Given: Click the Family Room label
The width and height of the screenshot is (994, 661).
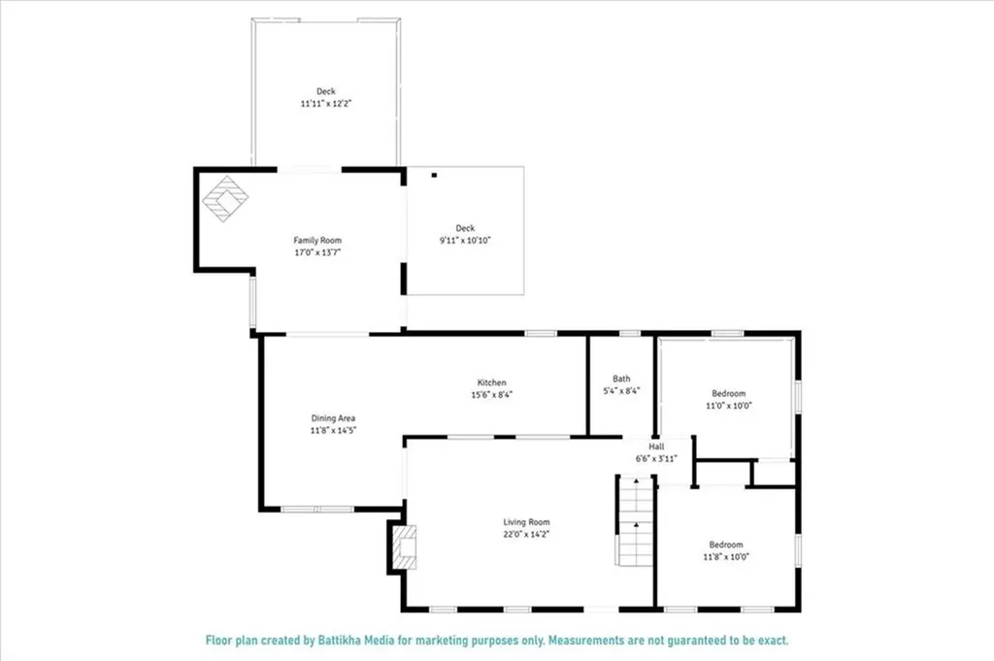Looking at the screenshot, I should tap(317, 240).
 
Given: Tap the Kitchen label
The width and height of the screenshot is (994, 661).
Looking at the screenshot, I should tap(491, 382).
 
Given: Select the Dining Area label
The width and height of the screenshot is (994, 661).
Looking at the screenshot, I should tap(333, 417).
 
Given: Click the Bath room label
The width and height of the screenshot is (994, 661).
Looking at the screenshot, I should tap(621, 379).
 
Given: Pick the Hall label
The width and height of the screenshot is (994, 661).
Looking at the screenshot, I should tap(657, 446).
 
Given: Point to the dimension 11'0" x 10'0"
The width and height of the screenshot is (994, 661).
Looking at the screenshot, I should tap(728, 406).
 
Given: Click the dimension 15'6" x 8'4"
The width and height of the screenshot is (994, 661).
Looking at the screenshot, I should tap(491, 394).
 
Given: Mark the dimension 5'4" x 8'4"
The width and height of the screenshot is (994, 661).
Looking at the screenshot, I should tap(621, 390).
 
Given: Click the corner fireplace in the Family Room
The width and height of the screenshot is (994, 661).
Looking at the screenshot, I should tap(224, 198).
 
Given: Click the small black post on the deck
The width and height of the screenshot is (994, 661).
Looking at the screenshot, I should tap(435, 176).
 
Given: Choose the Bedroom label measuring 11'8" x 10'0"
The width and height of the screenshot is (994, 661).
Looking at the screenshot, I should tap(726, 545).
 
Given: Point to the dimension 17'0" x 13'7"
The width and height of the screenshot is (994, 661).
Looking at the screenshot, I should tap(317, 251).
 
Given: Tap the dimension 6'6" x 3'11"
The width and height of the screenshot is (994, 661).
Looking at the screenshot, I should tap(657, 458).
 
